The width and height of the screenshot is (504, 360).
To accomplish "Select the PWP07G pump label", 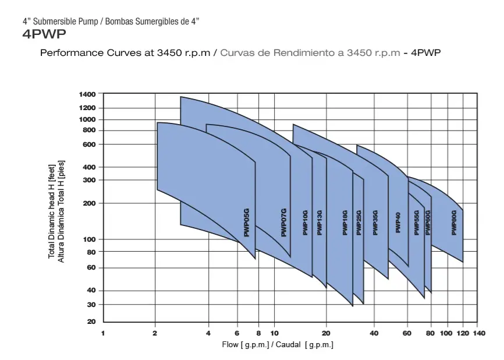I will [x=284, y=222].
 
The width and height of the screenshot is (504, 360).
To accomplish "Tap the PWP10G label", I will [x=306, y=223].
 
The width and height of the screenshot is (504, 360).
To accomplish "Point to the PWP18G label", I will [x=345, y=223].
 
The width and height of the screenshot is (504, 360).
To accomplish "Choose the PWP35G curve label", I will [x=375, y=223].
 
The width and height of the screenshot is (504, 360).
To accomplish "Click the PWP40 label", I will [x=399, y=223].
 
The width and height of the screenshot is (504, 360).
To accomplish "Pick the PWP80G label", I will [x=454, y=223].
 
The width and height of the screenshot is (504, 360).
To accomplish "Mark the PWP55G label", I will [x=417, y=223].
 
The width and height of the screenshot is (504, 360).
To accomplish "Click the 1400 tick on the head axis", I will [x=87, y=94].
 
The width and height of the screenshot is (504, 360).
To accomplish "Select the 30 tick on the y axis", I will [x=91, y=305].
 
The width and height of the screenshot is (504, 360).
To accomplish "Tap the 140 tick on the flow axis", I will [x=479, y=333].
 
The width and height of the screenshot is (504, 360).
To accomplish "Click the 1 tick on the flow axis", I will [x=103, y=333].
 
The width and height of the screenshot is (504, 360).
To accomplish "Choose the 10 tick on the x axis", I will [x=275, y=333].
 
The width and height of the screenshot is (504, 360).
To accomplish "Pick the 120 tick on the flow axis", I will [x=463, y=333].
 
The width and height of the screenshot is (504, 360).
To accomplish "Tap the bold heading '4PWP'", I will [x=40, y=34].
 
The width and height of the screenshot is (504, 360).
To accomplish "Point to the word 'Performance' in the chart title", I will [x=68, y=52].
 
